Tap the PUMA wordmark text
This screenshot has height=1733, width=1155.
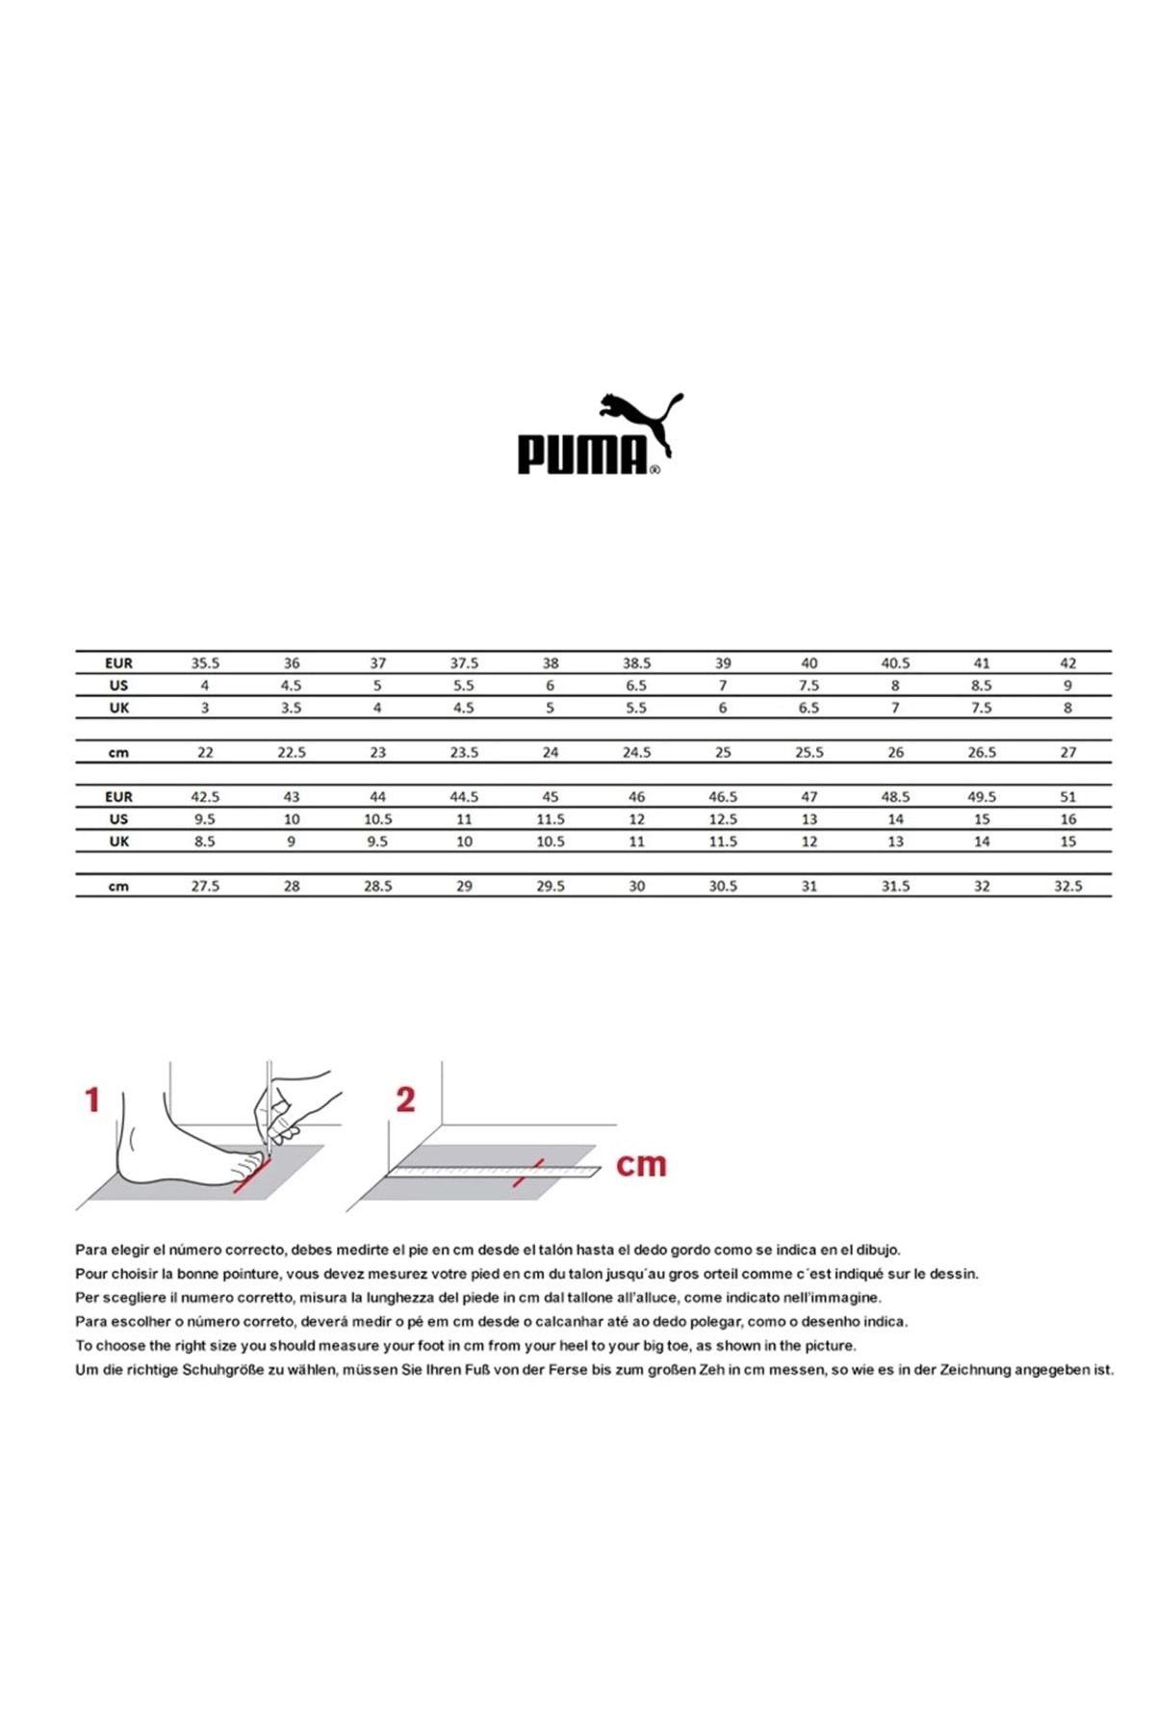pos(582,454)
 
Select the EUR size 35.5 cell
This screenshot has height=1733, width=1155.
pos(205,663)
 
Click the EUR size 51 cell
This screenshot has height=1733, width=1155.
pos(1067,797)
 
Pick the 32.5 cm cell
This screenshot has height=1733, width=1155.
pos(1067,887)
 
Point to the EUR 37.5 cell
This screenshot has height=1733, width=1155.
pos(464,663)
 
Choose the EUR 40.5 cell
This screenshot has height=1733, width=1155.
pos(895,663)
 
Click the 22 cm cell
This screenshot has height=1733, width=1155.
pos(205,753)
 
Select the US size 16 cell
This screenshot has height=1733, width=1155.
pos(1067,819)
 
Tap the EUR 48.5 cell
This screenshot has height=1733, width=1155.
pos(895,797)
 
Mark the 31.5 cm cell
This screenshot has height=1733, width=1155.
pos(895,887)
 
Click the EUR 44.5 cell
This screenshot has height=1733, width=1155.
pos(464,797)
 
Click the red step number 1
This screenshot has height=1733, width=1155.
pos(92,1099)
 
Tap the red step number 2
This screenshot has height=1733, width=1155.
pos(405,1099)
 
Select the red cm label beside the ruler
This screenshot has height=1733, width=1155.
pos(641,1165)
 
